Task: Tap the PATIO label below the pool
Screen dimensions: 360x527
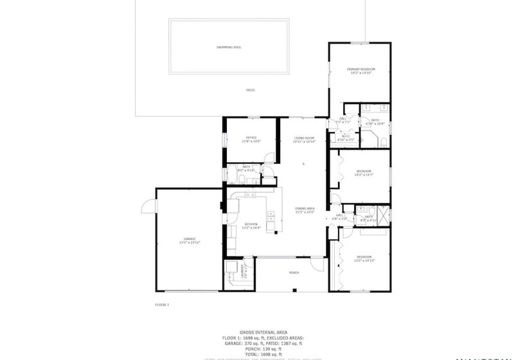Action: pos(251,91)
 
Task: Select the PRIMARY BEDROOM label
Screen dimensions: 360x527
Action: pos(361,70)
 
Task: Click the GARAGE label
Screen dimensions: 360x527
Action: pos(190,240)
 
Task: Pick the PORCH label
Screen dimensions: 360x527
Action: pos(294,273)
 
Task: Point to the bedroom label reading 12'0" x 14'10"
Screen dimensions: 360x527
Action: pos(364,258)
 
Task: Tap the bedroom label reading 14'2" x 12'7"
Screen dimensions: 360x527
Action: pos(364,172)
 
